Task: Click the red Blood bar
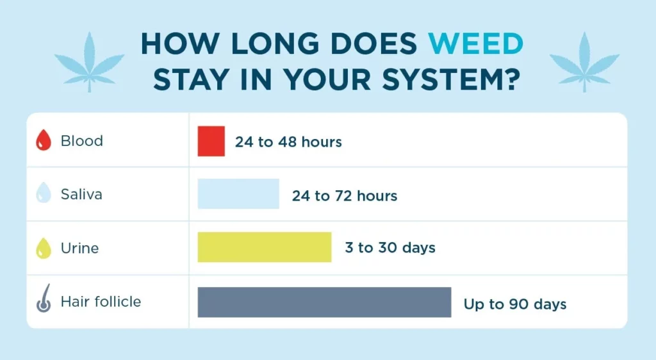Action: point(211,142)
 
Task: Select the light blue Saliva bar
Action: point(238,193)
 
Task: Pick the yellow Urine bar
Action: point(265,247)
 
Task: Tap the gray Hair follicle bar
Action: point(324,302)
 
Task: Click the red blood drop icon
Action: point(44,141)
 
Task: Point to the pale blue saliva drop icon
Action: point(44,193)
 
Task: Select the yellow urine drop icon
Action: point(44,248)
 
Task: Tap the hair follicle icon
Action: point(44,302)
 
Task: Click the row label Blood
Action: point(81,141)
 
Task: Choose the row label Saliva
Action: point(81,194)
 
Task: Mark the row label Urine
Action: point(79,248)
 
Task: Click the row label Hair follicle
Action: point(101,302)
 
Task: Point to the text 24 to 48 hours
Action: point(288,142)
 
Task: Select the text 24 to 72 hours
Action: point(345,195)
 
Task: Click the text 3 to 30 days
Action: point(390,248)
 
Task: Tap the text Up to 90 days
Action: point(515,304)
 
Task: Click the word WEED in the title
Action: point(476,44)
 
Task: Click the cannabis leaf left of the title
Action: point(89,61)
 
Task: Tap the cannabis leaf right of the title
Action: point(585,61)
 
